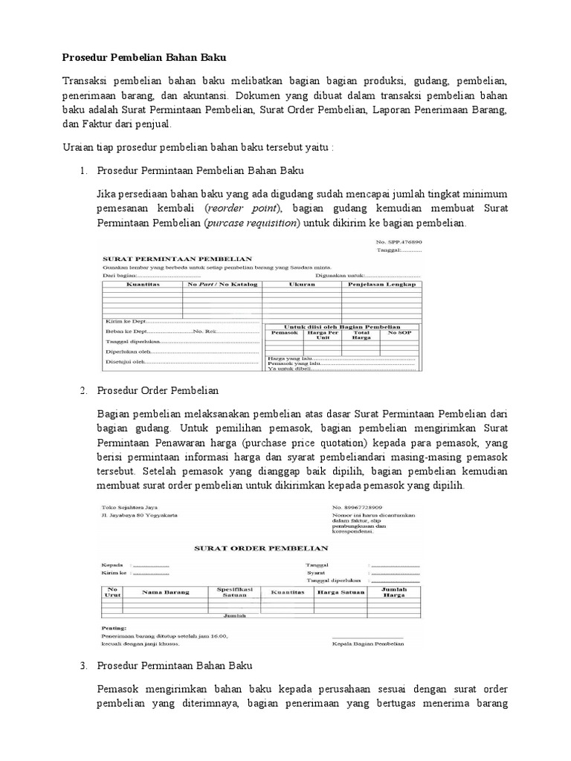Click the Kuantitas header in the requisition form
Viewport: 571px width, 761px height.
[x=141, y=284]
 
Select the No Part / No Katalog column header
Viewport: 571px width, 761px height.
[x=222, y=284]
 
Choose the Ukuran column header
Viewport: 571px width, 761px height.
[x=301, y=284]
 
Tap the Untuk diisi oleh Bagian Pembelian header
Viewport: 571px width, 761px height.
[x=342, y=326]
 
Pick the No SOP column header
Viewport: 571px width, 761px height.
[x=400, y=333]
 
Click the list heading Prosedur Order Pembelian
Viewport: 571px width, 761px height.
[x=158, y=390]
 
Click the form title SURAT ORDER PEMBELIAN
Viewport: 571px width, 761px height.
[x=251, y=548]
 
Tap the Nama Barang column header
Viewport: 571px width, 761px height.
[x=166, y=592]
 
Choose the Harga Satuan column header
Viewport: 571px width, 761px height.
[x=341, y=592]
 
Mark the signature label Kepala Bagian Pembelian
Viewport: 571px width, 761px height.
[x=367, y=643]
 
